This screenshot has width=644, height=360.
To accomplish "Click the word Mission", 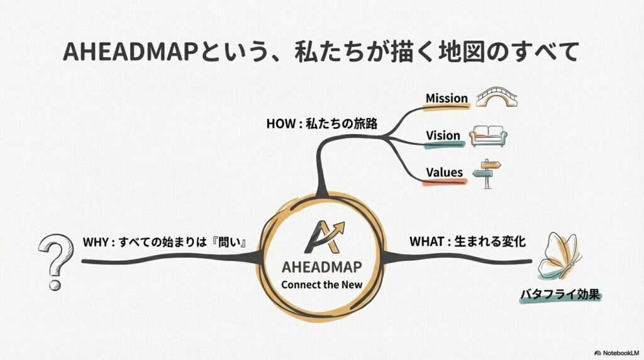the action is coord(447,98).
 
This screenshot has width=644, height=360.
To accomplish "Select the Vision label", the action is coord(443,135).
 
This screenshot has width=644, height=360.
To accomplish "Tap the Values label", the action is coord(445,172).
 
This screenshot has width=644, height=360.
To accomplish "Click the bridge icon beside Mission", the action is coord(497,97).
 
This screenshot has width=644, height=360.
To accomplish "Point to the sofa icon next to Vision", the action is coord(488,136).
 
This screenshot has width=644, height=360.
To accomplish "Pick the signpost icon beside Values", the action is coord(487,174).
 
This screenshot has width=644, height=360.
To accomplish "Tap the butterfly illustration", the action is coord(559,256).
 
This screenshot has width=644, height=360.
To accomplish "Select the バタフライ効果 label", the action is coord(560,295).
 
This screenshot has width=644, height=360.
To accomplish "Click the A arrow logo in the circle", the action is coord(324,237).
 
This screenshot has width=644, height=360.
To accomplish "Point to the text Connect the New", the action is coord(321,284).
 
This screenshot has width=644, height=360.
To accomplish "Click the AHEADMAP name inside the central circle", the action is coord(321,267).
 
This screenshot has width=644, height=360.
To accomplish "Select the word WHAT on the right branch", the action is coord(426,241).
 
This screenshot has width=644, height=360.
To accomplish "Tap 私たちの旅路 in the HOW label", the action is coord(341,124).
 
